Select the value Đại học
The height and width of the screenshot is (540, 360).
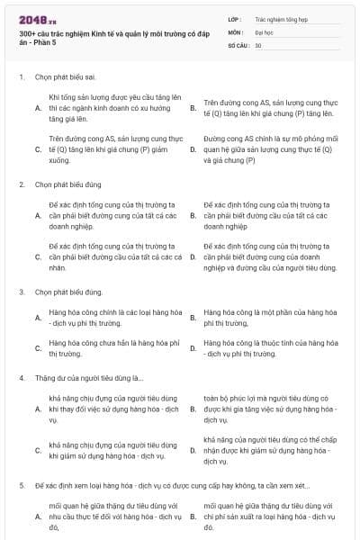264,31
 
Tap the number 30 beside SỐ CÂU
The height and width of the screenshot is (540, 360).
258,45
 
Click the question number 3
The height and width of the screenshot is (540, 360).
22,292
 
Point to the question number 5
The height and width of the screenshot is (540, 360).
22,485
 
